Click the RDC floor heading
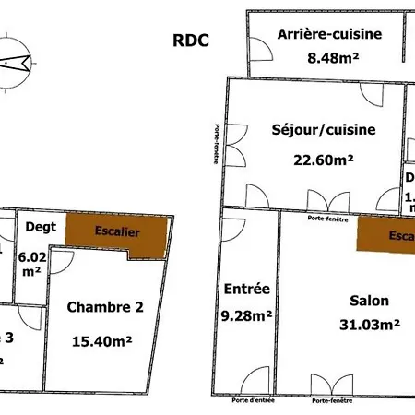[x=191, y=40]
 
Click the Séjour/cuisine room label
[x=323, y=130]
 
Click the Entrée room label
[x=247, y=289]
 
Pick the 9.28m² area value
[x=247, y=315]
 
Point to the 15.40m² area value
[x=102, y=340]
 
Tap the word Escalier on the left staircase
[x=117, y=232]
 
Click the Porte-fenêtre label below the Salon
[x=333, y=402]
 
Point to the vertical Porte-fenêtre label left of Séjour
[x=217, y=146]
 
